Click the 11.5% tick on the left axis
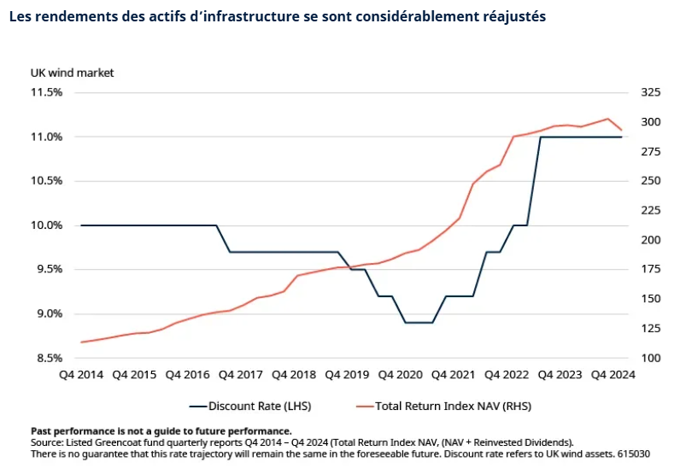pos(46,92)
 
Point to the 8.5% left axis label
pos(48,358)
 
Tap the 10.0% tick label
pos(46,225)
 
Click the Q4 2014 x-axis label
pos(80,375)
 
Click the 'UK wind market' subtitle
pos(72,73)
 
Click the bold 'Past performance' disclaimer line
pos(161,431)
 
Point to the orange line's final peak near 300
pos(607,119)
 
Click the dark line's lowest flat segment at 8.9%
pos(419,323)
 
